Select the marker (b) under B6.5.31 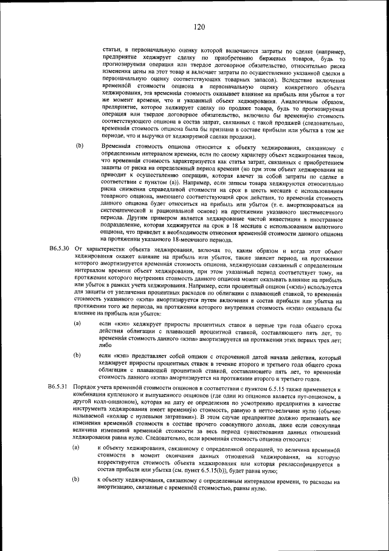coord(77,480)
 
